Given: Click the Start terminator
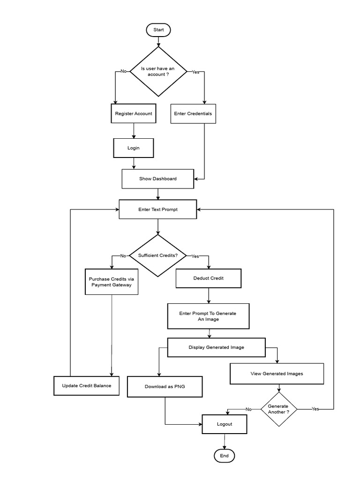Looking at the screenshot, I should coord(158,30).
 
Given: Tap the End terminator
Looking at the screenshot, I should coord(224,455).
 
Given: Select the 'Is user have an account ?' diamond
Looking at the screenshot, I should coord(158,72).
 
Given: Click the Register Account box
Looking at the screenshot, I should coord(134,113).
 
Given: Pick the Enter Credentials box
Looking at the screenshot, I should coord(193,113).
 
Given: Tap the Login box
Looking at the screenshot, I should coord(134,148).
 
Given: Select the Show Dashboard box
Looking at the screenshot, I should coord(157,179).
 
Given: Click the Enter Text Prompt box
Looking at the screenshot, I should coord(158,210).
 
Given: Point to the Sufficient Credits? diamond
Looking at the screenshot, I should coord(158,256).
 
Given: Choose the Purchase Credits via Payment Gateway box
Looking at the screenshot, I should coord(112,281).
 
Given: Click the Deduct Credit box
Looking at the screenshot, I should coord(209,278).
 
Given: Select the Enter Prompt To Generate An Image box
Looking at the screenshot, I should coord(208,316).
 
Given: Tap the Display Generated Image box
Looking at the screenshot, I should coord(216,347).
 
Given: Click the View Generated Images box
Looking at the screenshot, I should coord(277,374).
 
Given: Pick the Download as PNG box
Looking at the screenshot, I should coord(164,387).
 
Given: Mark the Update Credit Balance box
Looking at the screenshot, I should coord(87,386).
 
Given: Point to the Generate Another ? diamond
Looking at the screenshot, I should coord(279,409).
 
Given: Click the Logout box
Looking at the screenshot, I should coord(224,424).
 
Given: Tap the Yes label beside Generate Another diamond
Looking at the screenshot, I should coord(315,409).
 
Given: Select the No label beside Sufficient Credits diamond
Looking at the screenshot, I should coord(123,256).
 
